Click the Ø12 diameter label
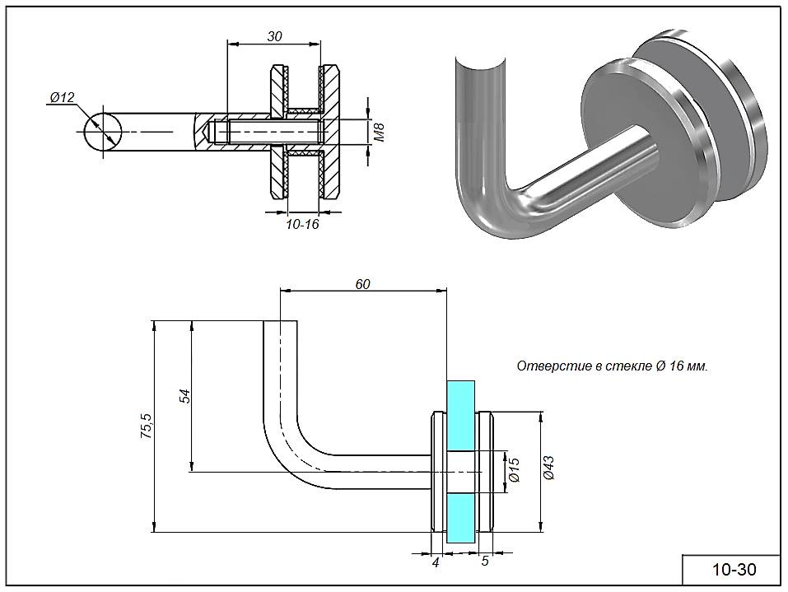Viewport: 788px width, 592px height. [62, 98]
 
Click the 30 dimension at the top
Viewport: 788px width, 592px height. [275, 36]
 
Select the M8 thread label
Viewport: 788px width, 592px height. [380, 132]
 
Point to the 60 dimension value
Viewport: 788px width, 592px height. [362, 284]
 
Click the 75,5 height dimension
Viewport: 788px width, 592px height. [147, 428]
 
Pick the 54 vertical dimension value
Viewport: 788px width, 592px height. [185, 396]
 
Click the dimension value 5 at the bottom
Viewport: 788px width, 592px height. [485, 562]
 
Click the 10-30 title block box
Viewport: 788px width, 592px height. [732, 569]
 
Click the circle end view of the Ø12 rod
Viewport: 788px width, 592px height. [102, 132]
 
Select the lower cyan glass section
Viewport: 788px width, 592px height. [461, 517]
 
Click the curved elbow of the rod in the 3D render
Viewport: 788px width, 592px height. [486, 202]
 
